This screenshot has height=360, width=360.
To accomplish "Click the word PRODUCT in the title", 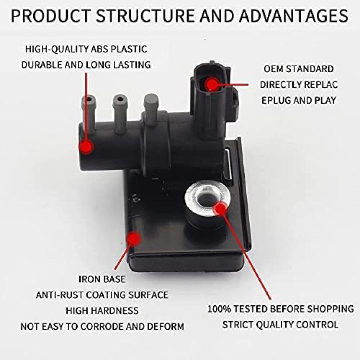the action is pyautogui.click(x=50, y=16).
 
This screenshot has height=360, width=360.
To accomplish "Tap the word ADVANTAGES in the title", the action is pyautogui.click(x=294, y=16).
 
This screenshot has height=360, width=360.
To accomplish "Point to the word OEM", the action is pyautogui.click(x=273, y=69).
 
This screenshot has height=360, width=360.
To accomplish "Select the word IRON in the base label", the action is pyautogui.click(x=89, y=279).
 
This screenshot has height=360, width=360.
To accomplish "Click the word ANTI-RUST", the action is pyautogui.click(x=59, y=295).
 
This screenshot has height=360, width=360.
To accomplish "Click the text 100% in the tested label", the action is pyautogui.click(x=219, y=309).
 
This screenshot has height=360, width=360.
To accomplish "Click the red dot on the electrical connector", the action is pyautogui.click(x=212, y=84).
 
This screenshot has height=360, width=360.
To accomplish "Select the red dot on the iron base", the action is pyautogui.click(x=134, y=239).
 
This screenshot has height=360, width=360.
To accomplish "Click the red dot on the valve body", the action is pyautogui.click(x=86, y=146).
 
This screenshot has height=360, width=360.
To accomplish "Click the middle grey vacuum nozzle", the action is pyautogui.click(x=120, y=114).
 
